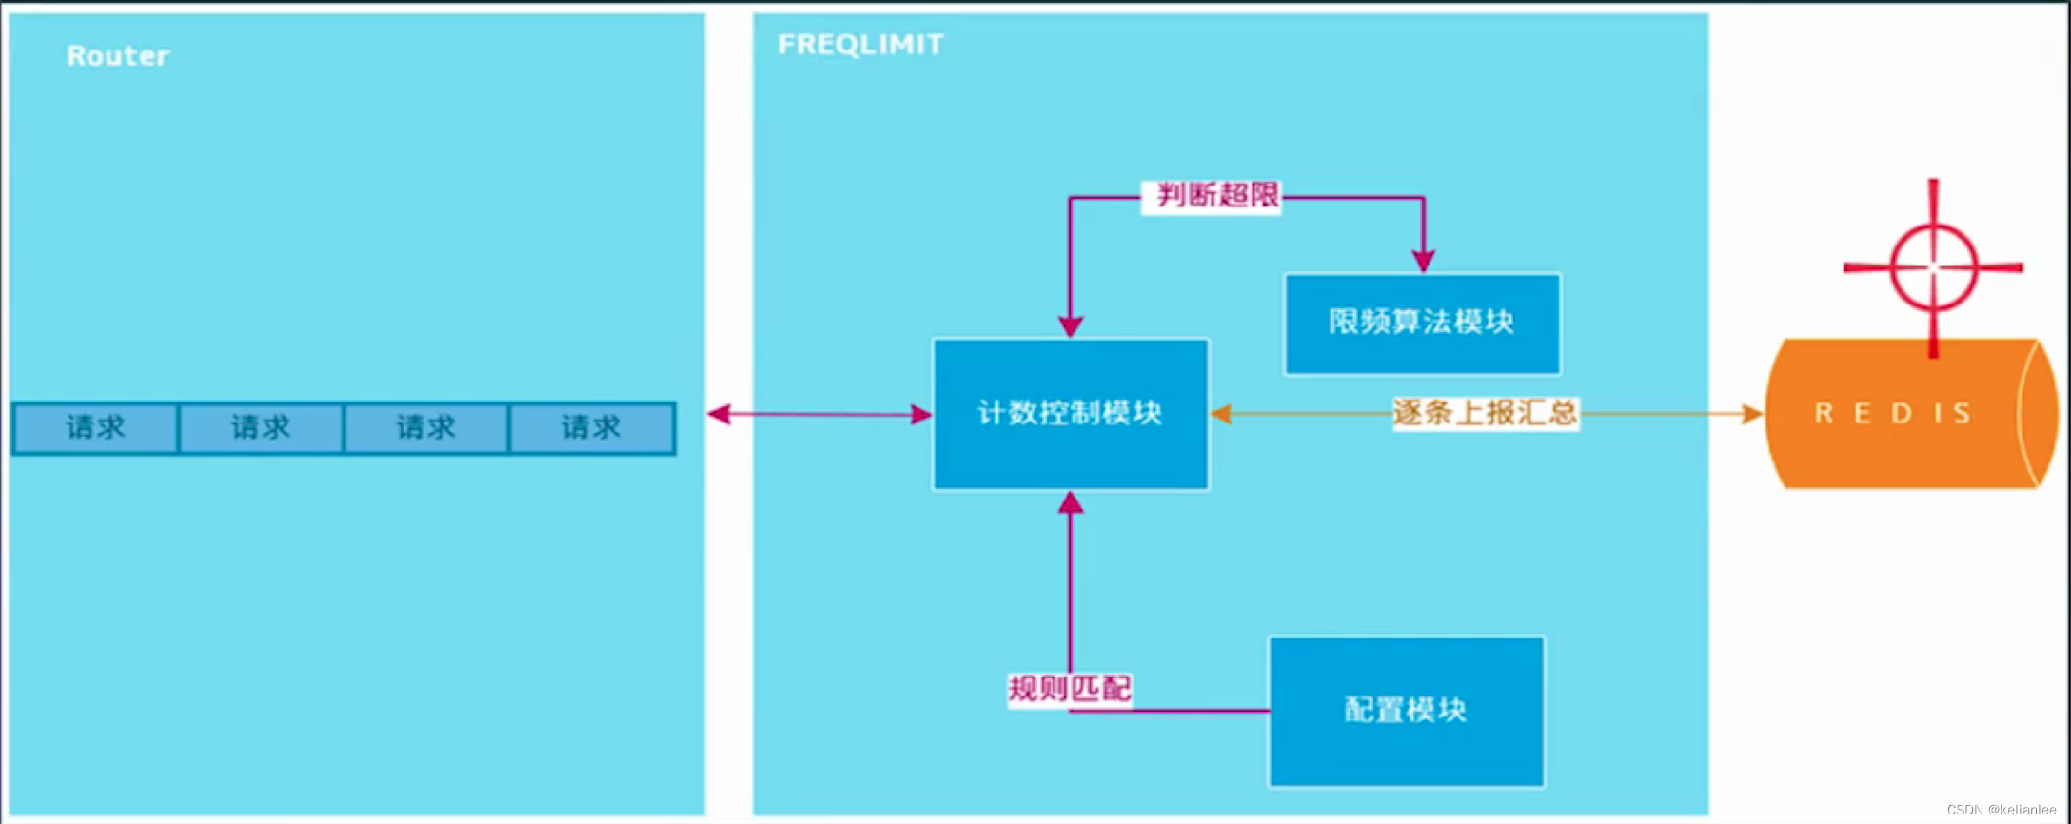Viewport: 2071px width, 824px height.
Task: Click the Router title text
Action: (118, 56)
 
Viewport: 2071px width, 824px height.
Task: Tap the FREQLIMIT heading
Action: (860, 45)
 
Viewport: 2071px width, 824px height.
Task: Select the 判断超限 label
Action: (1217, 196)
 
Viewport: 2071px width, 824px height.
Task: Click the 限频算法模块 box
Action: (1422, 324)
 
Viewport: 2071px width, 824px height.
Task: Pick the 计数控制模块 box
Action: (1071, 414)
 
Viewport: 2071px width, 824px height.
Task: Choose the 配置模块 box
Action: (1406, 711)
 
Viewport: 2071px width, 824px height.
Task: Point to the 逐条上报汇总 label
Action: (1485, 413)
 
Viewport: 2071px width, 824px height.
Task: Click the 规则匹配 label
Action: (1070, 688)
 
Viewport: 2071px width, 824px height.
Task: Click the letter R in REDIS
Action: (1824, 414)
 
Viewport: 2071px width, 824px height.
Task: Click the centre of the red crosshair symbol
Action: (1933, 267)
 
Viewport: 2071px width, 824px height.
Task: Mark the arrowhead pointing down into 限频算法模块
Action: (1423, 261)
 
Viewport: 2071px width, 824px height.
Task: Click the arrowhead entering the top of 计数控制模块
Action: (1071, 326)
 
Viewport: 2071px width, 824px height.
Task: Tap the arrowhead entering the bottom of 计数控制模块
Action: (1071, 502)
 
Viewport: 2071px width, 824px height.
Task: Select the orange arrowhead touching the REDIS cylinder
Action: (1751, 414)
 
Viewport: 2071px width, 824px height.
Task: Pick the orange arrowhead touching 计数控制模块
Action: (1221, 414)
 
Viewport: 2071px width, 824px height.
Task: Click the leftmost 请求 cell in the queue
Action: (95, 428)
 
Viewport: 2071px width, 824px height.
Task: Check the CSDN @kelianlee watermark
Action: (2001, 810)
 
